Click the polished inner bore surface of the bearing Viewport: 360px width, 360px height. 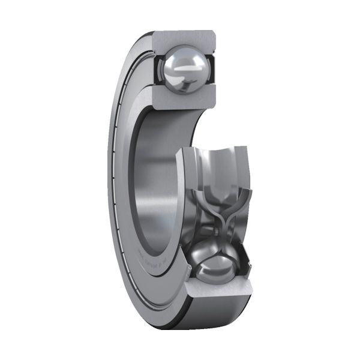[x=157, y=180]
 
